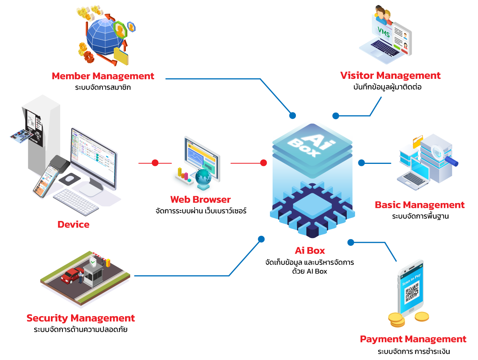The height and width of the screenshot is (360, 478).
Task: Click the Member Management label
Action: point(103,76)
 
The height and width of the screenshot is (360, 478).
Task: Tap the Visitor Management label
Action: point(390,75)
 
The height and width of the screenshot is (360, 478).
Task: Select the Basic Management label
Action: point(419,205)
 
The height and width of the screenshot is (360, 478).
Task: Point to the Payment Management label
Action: point(413,339)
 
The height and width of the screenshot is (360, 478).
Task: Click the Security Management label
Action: point(81,318)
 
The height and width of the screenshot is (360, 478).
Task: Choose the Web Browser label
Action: point(200,200)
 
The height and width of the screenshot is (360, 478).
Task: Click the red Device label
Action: point(73,224)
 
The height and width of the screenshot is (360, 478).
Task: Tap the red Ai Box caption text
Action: point(310,250)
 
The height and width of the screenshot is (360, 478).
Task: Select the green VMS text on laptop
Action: point(384,30)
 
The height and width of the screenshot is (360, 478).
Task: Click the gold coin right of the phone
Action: point(422,317)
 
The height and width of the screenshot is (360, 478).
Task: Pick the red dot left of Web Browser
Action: point(155,163)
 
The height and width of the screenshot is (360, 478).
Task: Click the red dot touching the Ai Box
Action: point(264,163)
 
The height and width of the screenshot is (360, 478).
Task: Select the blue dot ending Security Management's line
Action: point(261,239)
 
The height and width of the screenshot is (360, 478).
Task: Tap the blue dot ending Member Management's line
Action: point(292,115)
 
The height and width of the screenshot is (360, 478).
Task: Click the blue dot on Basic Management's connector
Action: point(362,163)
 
